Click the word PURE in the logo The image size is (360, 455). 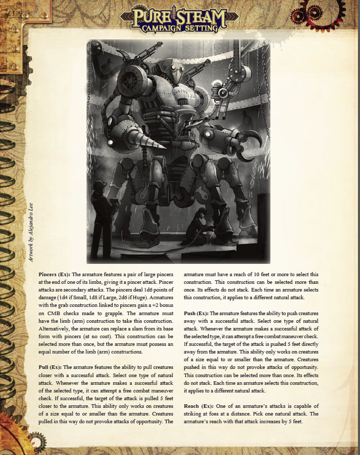[x=148, y=16]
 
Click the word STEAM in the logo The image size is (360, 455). [x=201, y=17]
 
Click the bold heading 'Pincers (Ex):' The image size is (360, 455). [x=55, y=275]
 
